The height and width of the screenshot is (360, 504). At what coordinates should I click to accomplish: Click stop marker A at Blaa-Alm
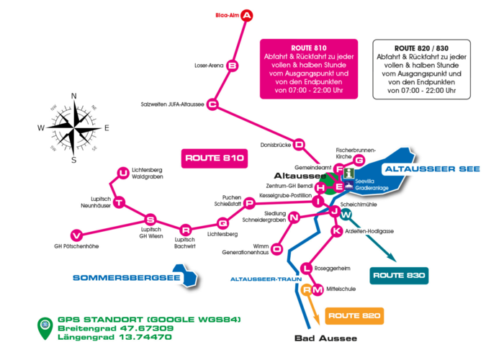pyautogui.click(x=247, y=15)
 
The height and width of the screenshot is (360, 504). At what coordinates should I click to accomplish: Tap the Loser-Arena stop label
pyautogui.click(x=209, y=66)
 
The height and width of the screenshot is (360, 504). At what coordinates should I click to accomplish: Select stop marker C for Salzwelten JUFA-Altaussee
pyautogui.click(x=212, y=104)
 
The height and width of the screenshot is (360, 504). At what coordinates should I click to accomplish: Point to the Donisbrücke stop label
pyautogui.click(x=276, y=144)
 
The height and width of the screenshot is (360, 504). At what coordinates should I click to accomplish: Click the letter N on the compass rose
pyautogui.click(x=73, y=96)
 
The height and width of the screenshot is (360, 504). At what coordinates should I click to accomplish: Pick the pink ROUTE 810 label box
pyautogui.click(x=215, y=157)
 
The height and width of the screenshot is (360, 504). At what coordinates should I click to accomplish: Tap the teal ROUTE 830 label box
pyautogui.click(x=398, y=275)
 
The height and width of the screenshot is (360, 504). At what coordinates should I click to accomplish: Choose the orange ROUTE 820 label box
pyautogui.click(x=354, y=315)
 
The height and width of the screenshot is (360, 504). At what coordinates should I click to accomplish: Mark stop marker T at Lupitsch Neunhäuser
pyautogui.click(x=120, y=202)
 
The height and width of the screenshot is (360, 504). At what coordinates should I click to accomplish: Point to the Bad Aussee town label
pyautogui.click(x=325, y=338)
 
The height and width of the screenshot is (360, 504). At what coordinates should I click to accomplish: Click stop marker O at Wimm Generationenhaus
pyautogui.click(x=278, y=248)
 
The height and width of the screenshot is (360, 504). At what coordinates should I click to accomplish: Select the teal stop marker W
pyautogui.click(x=346, y=215)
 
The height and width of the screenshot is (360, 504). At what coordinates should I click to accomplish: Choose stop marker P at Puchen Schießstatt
pyautogui.click(x=249, y=203)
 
